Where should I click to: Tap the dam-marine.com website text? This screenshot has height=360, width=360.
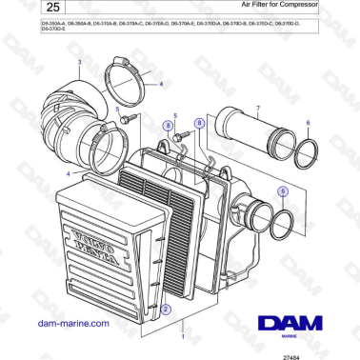(x=72, y=323)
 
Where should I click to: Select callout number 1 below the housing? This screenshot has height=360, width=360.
(x=183, y=336)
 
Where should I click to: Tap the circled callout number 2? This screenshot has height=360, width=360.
(x=166, y=310)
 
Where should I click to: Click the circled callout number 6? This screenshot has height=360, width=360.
(x=283, y=191)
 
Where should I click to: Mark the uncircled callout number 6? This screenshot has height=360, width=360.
(x=308, y=123)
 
